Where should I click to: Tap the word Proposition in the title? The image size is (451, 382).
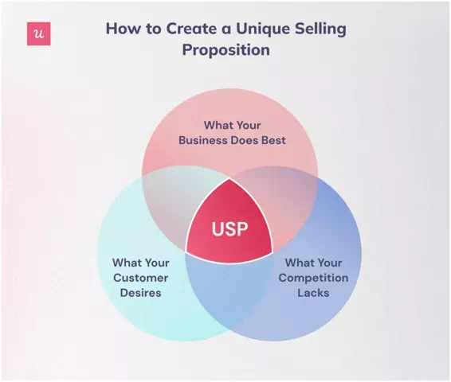(x=225, y=49)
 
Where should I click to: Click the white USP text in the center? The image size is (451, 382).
(x=229, y=229)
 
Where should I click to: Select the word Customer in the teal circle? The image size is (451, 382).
(x=139, y=278)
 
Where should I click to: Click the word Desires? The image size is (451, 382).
(x=139, y=293)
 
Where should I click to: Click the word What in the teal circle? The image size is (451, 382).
(x=127, y=263)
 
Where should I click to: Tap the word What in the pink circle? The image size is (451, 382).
(x=218, y=125)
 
